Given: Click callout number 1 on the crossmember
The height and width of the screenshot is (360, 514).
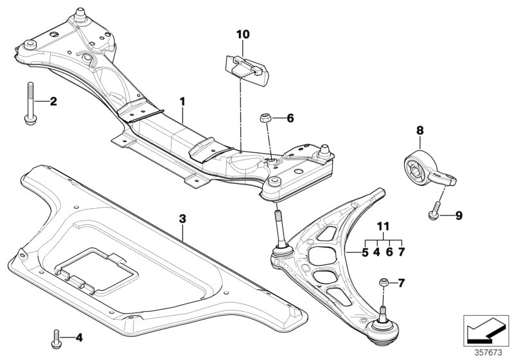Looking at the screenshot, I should (x=182, y=102).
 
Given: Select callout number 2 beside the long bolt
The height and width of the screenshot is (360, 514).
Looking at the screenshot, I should (x=53, y=102).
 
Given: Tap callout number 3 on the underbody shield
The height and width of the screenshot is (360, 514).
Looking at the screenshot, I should (x=182, y=219).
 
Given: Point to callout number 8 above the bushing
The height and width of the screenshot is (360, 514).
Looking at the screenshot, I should (x=420, y=130).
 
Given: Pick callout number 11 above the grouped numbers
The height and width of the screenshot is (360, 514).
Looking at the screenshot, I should (x=384, y=227).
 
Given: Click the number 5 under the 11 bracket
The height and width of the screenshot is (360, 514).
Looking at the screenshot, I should (x=365, y=253).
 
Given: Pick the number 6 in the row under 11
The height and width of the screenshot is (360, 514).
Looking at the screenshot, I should (x=389, y=253).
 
